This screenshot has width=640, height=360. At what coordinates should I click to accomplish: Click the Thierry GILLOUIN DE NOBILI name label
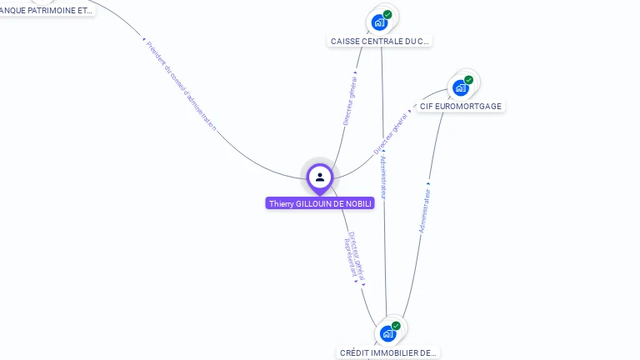point(320,203)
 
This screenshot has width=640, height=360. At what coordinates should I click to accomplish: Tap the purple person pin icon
point(320,177)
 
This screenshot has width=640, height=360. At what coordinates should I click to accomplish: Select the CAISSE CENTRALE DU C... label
point(380,41)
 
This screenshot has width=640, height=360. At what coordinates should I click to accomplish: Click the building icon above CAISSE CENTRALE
point(379,22)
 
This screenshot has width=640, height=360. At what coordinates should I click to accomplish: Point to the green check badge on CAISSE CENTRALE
point(387,14)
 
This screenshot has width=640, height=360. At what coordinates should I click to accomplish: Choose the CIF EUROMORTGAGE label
point(461,107)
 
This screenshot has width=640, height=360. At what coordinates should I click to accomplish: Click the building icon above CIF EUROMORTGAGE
point(460,87)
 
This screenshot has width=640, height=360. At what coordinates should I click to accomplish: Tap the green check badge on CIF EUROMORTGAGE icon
point(468,80)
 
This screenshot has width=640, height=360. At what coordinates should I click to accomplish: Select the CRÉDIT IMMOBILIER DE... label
point(388,352)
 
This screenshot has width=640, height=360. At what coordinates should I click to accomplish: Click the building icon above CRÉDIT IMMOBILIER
point(387,333)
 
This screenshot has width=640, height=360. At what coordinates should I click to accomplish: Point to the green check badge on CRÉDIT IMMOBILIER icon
point(396,326)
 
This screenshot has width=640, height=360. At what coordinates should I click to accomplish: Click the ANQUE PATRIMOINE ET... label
point(47,11)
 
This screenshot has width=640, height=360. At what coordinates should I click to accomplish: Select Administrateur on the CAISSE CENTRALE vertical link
point(382,175)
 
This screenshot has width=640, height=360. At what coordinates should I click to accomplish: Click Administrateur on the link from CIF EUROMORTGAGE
point(426,209)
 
